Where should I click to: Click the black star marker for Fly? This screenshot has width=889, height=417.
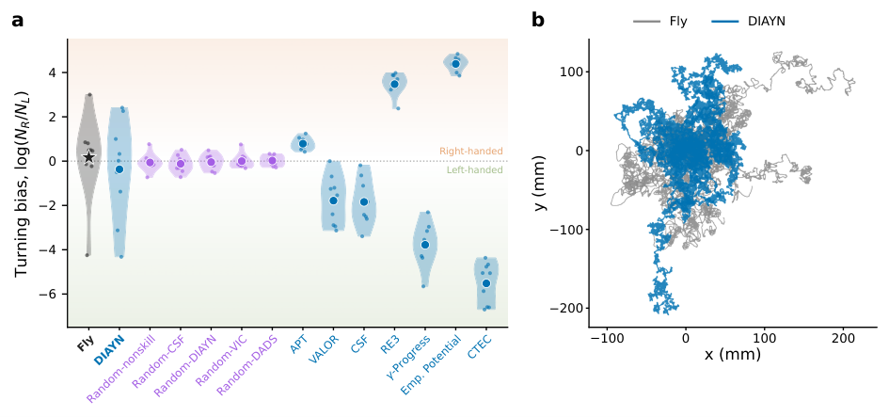coord(88,157)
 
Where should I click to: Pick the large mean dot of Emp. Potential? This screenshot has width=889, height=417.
coord(455,64)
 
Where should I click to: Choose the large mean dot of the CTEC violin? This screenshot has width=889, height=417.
coord(485,283)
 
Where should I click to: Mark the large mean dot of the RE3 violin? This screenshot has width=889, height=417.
coord(394,84)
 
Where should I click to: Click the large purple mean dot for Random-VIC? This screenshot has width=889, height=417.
coord(242,161)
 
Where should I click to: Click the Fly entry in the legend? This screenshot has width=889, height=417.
coord(660,22)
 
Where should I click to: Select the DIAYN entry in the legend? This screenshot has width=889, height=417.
coord(748,22)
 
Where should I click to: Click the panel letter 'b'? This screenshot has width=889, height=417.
coord(538,20)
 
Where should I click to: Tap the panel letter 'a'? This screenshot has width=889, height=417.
coord(18,21)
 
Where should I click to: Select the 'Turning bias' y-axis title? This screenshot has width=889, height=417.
coord(21,182)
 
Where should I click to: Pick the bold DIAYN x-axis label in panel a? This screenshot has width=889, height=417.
coord(107,347)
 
